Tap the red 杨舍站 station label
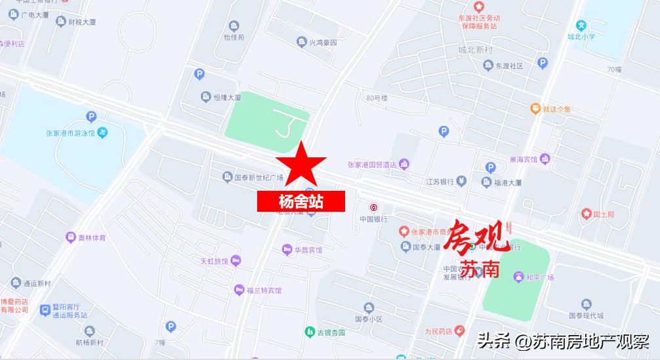[x=301, y=201]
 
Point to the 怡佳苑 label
[x=234, y=37]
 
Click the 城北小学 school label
[x=581, y=37]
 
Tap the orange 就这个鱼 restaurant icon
[x=535, y=108]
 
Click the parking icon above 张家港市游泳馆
[x=91, y=117]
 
